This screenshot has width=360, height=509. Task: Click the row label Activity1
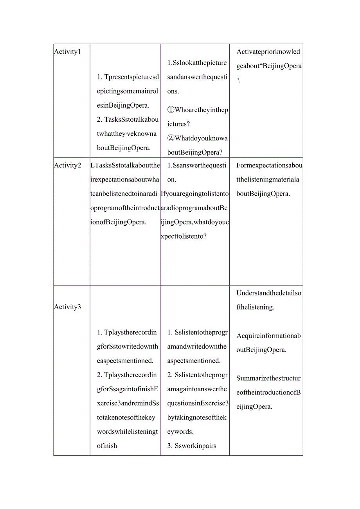point(67,52)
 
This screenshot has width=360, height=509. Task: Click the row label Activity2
point(67,165)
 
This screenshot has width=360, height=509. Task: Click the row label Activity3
point(67,307)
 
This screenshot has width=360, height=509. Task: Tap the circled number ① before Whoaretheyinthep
point(171,110)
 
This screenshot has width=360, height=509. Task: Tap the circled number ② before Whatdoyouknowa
point(171,138)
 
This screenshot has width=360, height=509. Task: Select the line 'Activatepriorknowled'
point(268,52)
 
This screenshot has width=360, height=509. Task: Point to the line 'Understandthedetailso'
point(269,293)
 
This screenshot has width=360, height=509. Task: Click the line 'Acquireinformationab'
point(268,336)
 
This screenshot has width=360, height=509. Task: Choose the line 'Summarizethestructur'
point(268,378)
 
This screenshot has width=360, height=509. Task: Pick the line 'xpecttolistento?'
point(184,236)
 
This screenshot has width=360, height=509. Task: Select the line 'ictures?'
point(178,124)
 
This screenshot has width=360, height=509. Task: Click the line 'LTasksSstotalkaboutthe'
point(125,165)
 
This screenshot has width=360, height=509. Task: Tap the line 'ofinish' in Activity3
point(107,446)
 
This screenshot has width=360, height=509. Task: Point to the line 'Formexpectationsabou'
point(269,165)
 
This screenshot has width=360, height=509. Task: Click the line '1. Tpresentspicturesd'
point(128,77)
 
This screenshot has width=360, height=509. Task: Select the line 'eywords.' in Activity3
point(180,432)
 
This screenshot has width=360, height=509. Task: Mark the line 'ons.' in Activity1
point(173,91)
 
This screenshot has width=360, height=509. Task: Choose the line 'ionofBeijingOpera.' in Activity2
point(118,222)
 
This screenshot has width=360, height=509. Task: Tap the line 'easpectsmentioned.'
point(125,361)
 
